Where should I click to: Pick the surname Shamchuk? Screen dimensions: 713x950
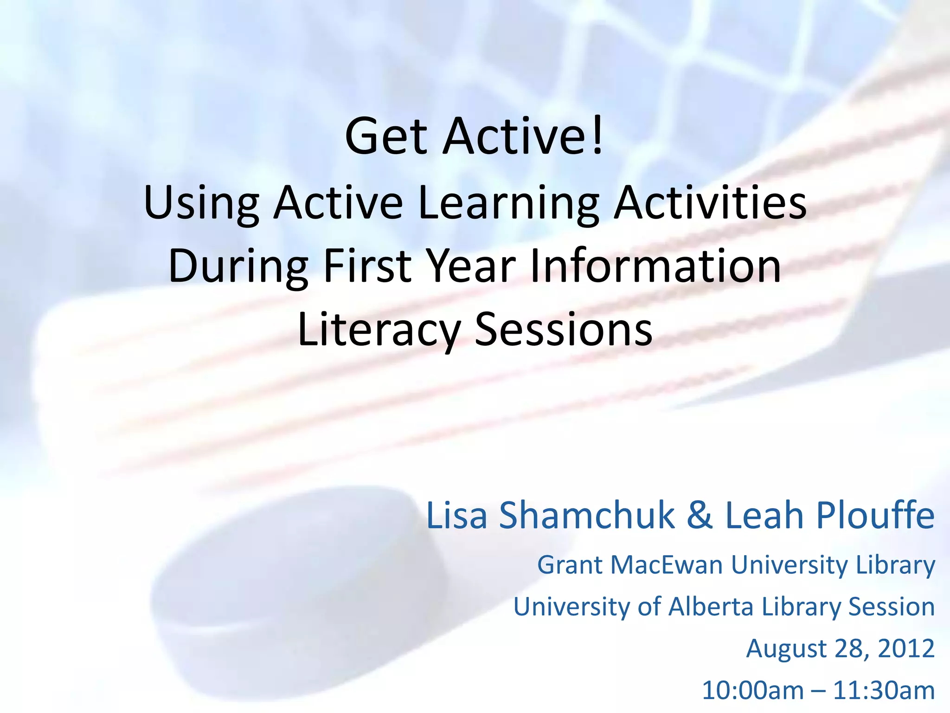pyautogui.click(x=587, y=516)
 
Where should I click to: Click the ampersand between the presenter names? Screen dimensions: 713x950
pyautogui.click(x=700, y=515)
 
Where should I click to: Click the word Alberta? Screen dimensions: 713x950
pyautogui.click(x=711, y=606)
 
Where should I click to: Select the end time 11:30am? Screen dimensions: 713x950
pyautogui.click(x=884, y=690)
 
